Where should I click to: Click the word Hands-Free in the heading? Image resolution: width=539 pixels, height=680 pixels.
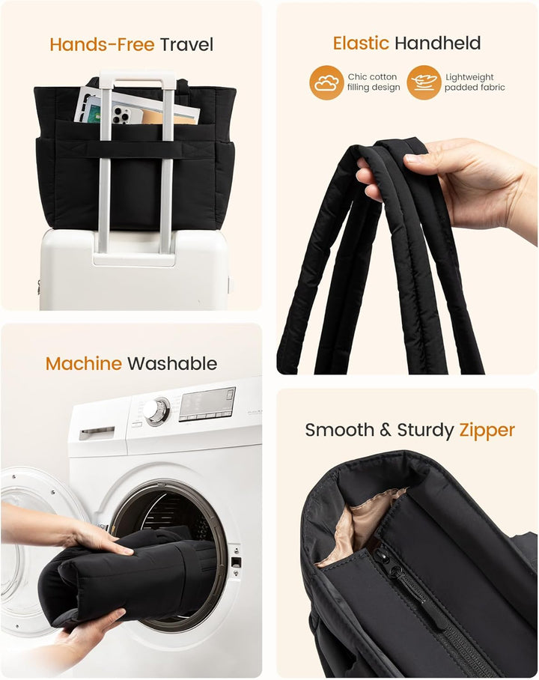[x=102, y=45]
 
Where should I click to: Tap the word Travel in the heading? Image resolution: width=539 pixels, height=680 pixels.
[x=186, y=45]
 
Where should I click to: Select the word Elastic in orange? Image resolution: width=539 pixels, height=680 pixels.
[x=361, y=43]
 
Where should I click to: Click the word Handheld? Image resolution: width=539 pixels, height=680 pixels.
[x=437, y=43]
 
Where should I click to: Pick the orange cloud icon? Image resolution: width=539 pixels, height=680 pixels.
[x=326, y=82]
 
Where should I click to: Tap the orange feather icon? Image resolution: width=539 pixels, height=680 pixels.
[x=424, y=82]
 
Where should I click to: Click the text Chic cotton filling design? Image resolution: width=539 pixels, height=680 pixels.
[x=373, y=82]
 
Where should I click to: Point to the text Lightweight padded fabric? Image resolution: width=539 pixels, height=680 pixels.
[x=475, y=82]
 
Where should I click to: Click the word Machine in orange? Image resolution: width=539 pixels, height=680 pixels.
[x=84, y=363]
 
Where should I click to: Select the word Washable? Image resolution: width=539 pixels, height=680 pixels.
[x=172, y=363]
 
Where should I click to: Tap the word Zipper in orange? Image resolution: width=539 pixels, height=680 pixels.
[x=487, y=430]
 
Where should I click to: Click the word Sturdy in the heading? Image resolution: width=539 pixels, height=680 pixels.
[x=425, y=430]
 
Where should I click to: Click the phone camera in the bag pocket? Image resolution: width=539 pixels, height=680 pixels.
[x=121, y=115]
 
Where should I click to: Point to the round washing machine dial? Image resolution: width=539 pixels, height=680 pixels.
[x=156, y=410]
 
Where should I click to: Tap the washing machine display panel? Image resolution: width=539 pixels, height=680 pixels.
[x=207, y=404]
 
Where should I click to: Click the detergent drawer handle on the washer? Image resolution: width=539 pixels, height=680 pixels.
[x=97, y=433]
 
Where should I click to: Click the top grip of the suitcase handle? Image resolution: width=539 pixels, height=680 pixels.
[x=136, y=79]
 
